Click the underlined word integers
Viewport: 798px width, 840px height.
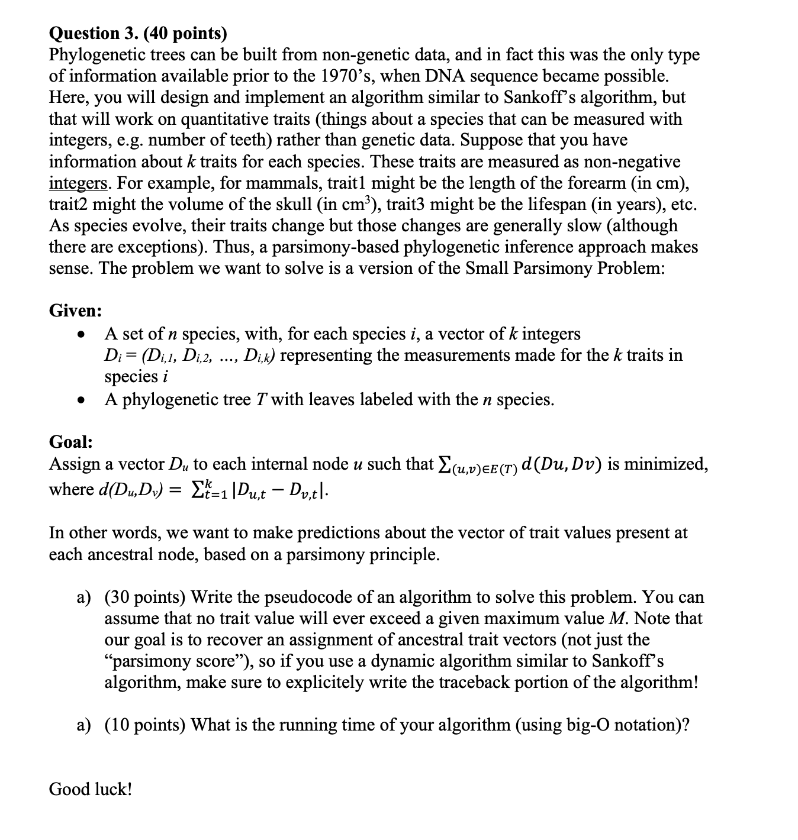click(x=78, y=183)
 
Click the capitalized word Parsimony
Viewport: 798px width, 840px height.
click(x=555, y=268)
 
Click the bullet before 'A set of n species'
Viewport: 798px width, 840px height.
click(x=79, y=335)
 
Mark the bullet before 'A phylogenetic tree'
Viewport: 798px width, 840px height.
click(x=79, y=400)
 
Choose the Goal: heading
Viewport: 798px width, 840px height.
click(x=70, y=442)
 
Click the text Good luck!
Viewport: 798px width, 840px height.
click(x=91, y=789)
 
